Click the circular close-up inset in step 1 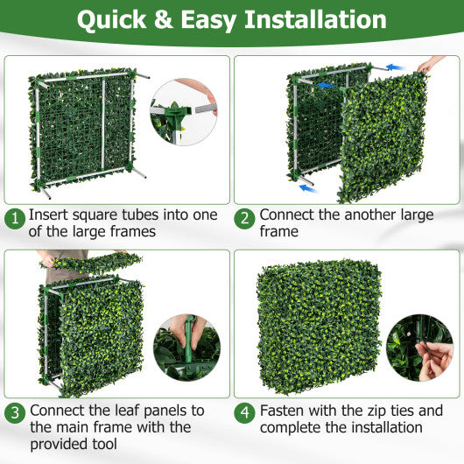tap(184, 111)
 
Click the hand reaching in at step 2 tap(431, 64)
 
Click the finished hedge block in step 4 tap(318, 327)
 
